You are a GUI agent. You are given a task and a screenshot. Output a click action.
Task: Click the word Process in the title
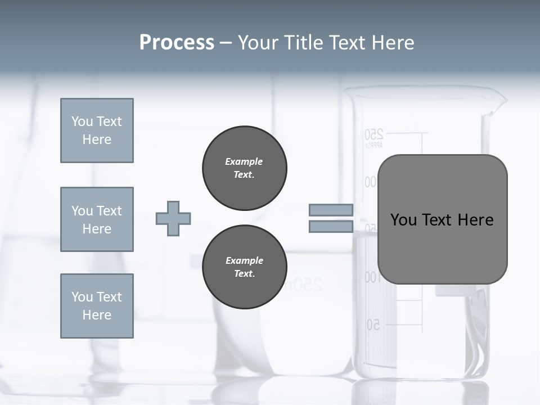click(x=177, y=43)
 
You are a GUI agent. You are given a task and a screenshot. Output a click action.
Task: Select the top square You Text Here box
click(x=97, y=130)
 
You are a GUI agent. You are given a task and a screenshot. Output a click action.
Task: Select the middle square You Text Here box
click(x=97, y=219)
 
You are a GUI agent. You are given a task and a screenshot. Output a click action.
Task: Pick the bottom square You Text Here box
click(x=97, y=306)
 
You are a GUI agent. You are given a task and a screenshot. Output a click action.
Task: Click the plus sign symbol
click(x=173, y=218)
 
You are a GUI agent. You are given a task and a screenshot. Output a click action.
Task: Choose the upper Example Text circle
click(x=244, y=168)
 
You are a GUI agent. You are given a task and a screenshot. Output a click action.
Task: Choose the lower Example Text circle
click(x=244, y=267)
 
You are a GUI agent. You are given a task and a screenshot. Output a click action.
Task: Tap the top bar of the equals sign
click(x=331, y=210)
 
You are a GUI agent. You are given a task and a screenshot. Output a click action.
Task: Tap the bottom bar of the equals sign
click(x=331, y=227)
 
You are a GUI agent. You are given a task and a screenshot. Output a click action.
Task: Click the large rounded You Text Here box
click(x=442, y=219)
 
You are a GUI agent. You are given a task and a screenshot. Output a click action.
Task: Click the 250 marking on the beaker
click(x=374, y=134)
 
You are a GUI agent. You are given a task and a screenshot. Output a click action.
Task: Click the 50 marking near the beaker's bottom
click(x=373, y=325)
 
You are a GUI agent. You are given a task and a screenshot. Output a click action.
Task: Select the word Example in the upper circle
click(x=244, y=161)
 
